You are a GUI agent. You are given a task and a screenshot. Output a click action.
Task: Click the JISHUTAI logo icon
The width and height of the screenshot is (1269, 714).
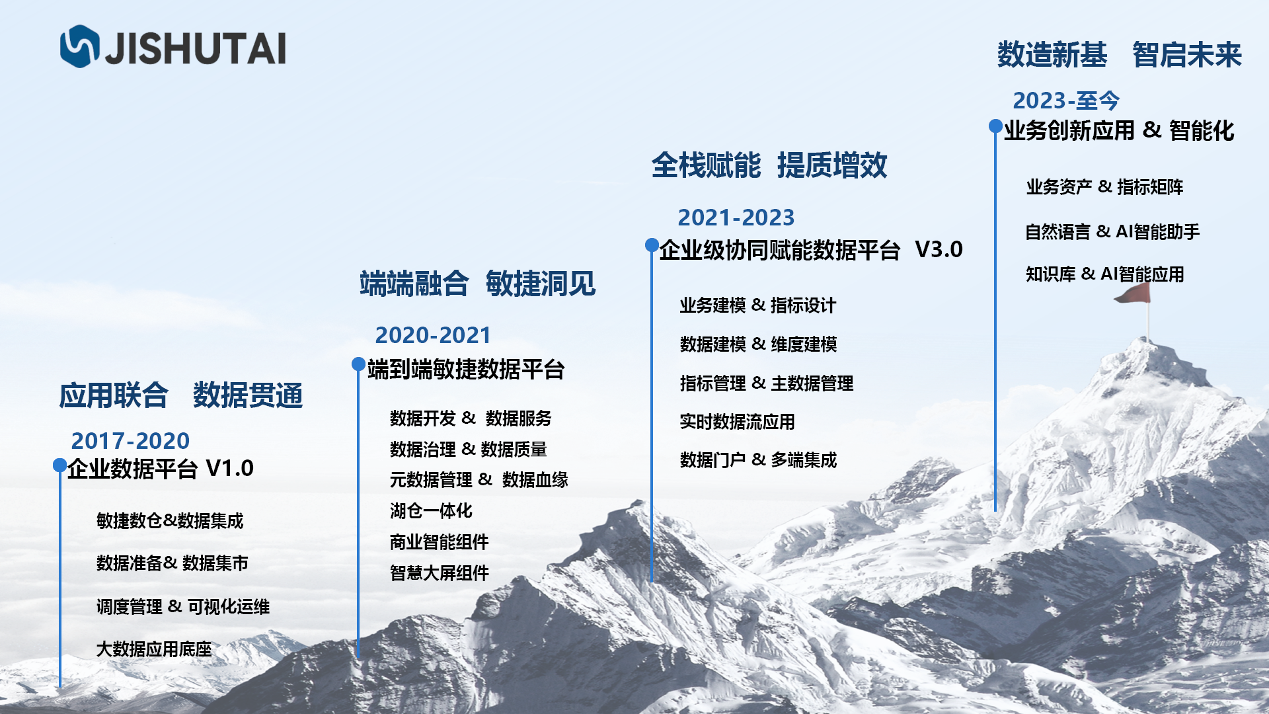(x=79, y=46)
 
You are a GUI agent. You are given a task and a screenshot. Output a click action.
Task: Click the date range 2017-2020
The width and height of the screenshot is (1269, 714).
(x=130, y=441)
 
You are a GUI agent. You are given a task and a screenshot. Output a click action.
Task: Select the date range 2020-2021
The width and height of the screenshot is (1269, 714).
(x=433, y=335)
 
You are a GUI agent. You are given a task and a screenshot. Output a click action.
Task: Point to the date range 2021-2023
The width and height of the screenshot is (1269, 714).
(x=736, y=218)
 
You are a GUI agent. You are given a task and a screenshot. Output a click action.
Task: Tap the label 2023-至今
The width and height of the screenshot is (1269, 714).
(x=1066, y=100)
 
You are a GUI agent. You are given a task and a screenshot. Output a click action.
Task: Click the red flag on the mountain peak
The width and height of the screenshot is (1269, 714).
(x=1133, y=294)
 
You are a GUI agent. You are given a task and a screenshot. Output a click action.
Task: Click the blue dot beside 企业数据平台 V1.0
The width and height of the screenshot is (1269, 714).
(x=60, y=465)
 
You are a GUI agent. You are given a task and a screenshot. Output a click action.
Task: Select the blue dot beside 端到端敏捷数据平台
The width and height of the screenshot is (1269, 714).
(x=358, y=364)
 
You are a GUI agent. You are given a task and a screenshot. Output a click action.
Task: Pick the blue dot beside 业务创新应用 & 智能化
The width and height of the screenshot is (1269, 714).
(x=995, y=126)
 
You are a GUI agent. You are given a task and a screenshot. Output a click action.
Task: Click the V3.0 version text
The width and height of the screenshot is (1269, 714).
(x=939, y=249)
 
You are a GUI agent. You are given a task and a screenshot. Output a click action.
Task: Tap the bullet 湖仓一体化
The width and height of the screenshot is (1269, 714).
(x=431, y=511)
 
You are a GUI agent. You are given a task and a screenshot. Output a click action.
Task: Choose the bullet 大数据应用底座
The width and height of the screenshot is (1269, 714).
(x=154, y=649)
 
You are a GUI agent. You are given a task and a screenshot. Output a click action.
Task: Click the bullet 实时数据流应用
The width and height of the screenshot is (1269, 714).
(x=737, y=422)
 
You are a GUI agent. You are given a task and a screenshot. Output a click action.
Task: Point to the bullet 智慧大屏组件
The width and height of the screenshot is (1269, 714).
(x=440, y=573)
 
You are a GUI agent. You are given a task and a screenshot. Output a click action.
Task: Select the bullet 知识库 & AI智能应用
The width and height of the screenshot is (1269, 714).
(x=1104, y=274)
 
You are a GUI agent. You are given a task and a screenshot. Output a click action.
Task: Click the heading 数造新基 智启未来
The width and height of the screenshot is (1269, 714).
(x=1120, y=55)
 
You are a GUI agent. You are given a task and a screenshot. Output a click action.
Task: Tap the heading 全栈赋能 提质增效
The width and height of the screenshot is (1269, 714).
(x=769, y=165)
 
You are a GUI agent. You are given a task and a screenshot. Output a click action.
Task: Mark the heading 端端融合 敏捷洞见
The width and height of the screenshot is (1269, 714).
(x=477, y=284)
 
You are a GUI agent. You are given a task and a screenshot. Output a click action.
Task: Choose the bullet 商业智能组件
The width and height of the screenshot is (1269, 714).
(x=440, y=542)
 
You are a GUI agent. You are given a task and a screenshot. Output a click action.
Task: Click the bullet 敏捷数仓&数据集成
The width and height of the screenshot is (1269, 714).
(x=170, y=521)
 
